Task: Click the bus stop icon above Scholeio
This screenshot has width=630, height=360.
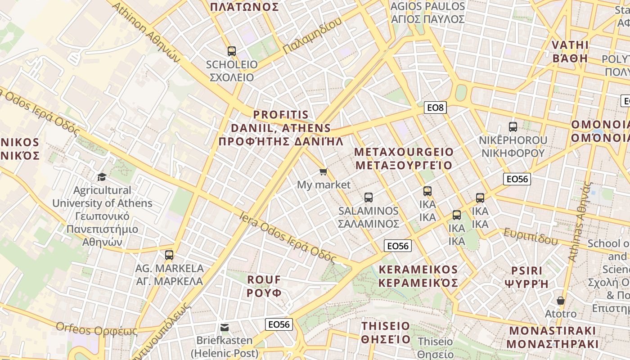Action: (x=232, y=51)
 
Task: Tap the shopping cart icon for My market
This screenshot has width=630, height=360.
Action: (x=323, y=171)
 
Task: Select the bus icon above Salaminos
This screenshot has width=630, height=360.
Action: (x=369, y=197)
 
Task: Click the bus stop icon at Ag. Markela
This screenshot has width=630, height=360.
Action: (x=169, y=255)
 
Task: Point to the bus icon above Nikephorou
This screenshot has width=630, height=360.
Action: (x=513, y=126)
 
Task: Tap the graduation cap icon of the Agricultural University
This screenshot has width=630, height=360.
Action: (x=102, y=177)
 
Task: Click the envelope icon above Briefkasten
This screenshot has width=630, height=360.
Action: (x=224, y=327)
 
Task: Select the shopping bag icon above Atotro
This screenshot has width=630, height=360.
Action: (x=561, y=300)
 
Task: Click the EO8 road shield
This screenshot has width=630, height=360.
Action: (x=435, y=108)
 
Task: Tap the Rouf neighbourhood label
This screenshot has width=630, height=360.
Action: (x=264, y=286)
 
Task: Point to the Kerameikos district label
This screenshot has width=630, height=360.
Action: (x=418, y=276)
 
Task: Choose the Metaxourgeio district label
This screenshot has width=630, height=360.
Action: (x=404, y=158)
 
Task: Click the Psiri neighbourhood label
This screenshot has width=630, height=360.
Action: (x=526, y=277)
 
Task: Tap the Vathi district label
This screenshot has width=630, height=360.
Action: (x=570, y=51)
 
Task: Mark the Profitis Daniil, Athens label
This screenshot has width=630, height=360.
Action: (x=281, y=128)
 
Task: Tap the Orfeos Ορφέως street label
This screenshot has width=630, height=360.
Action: (x=96, y=329)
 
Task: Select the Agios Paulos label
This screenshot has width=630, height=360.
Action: (x=427, y=13)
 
